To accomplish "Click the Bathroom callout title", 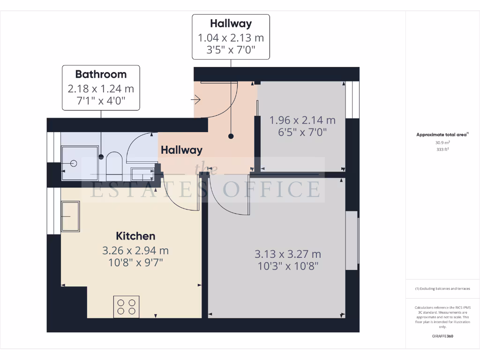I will [101, 74].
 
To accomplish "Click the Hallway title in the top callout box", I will [231, 23].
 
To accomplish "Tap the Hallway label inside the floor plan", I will [181, 150].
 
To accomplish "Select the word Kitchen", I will [135, 236].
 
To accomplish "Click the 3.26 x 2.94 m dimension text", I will [135, 251].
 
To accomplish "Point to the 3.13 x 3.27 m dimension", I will [288, 254].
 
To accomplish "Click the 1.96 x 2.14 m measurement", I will [302, 120].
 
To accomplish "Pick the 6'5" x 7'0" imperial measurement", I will [302, 132].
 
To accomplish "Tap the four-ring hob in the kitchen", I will [127, 307].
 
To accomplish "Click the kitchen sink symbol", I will [70, 216].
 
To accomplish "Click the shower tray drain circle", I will [74, 163].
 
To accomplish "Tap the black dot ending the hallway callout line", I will [231, 136].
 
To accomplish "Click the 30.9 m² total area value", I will [442, 142].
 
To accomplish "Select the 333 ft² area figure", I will [442, 150].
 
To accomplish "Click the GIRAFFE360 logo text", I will [442, 336].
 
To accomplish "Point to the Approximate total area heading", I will [442, 135].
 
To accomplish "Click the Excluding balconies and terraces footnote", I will [442, 289].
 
